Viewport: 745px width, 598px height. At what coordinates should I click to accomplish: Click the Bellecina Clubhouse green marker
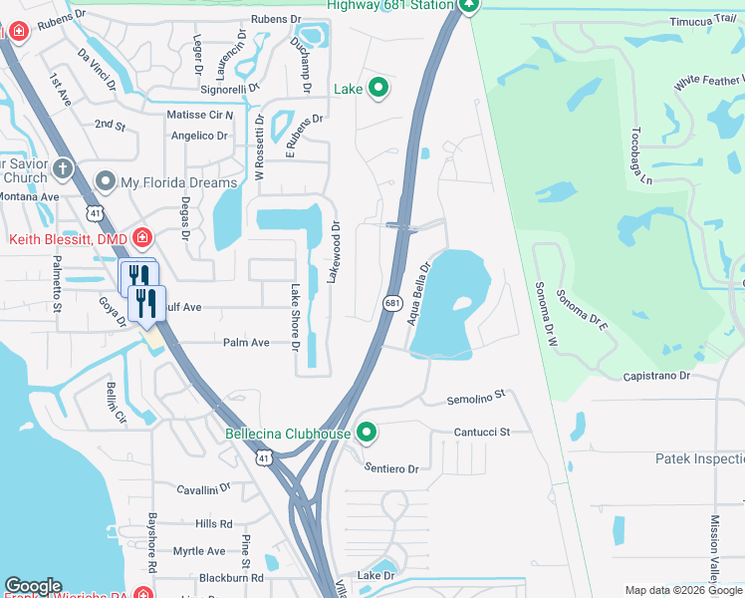(x=368, y=434)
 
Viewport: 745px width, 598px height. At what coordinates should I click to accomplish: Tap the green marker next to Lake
(x=378, y=89)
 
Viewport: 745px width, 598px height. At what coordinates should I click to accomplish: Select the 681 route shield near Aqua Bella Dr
(x=392, y=301)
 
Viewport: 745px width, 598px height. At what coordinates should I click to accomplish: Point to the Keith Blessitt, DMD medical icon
(x=142, y=238)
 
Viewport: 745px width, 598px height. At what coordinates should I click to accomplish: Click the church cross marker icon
(x=62, y=168)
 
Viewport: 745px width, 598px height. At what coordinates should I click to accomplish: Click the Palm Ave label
(x=246, y=342)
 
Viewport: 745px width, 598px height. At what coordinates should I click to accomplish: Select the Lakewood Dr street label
(x=335, y=251)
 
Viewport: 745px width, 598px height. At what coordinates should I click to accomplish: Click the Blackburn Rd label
(x=230, y=577)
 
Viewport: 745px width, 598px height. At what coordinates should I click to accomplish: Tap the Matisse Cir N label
(x=199, y=115)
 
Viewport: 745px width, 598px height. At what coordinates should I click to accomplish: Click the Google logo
(x=33, y=586)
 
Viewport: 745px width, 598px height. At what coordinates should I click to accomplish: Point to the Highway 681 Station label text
(x=390, y=4)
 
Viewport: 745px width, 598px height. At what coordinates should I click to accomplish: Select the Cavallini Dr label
(x=204, y=489)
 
